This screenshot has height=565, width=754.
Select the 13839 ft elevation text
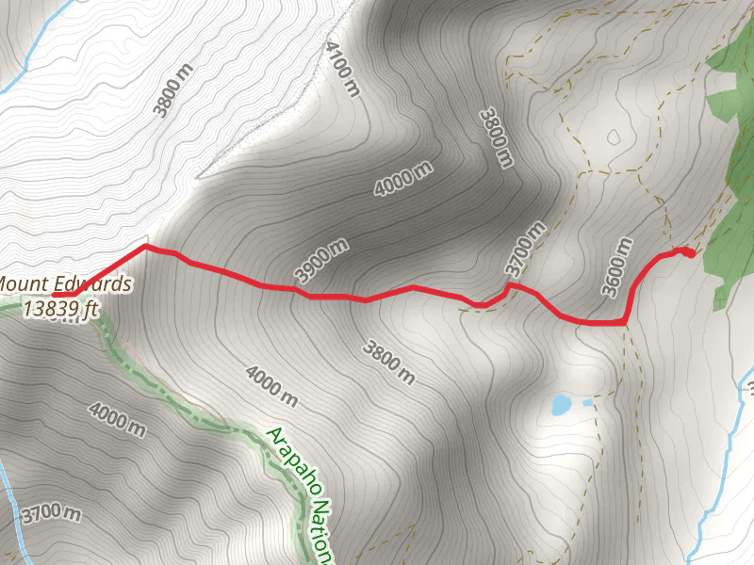[x=61, y=307]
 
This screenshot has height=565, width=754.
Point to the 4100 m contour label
[x=342, y=69]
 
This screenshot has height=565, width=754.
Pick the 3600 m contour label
[x=617, y=266]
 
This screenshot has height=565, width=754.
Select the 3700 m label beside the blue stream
[x=48, y=514]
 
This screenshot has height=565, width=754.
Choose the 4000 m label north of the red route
[x=402, y=179]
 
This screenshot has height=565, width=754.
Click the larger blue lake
[x=561, y=405]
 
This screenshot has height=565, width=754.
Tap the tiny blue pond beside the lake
[x=588, y=402]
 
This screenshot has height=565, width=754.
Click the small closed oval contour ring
[x=614, y=137]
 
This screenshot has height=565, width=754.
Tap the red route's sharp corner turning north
[x=624, y=322]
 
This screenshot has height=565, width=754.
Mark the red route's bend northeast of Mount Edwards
[x=145, y=247]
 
